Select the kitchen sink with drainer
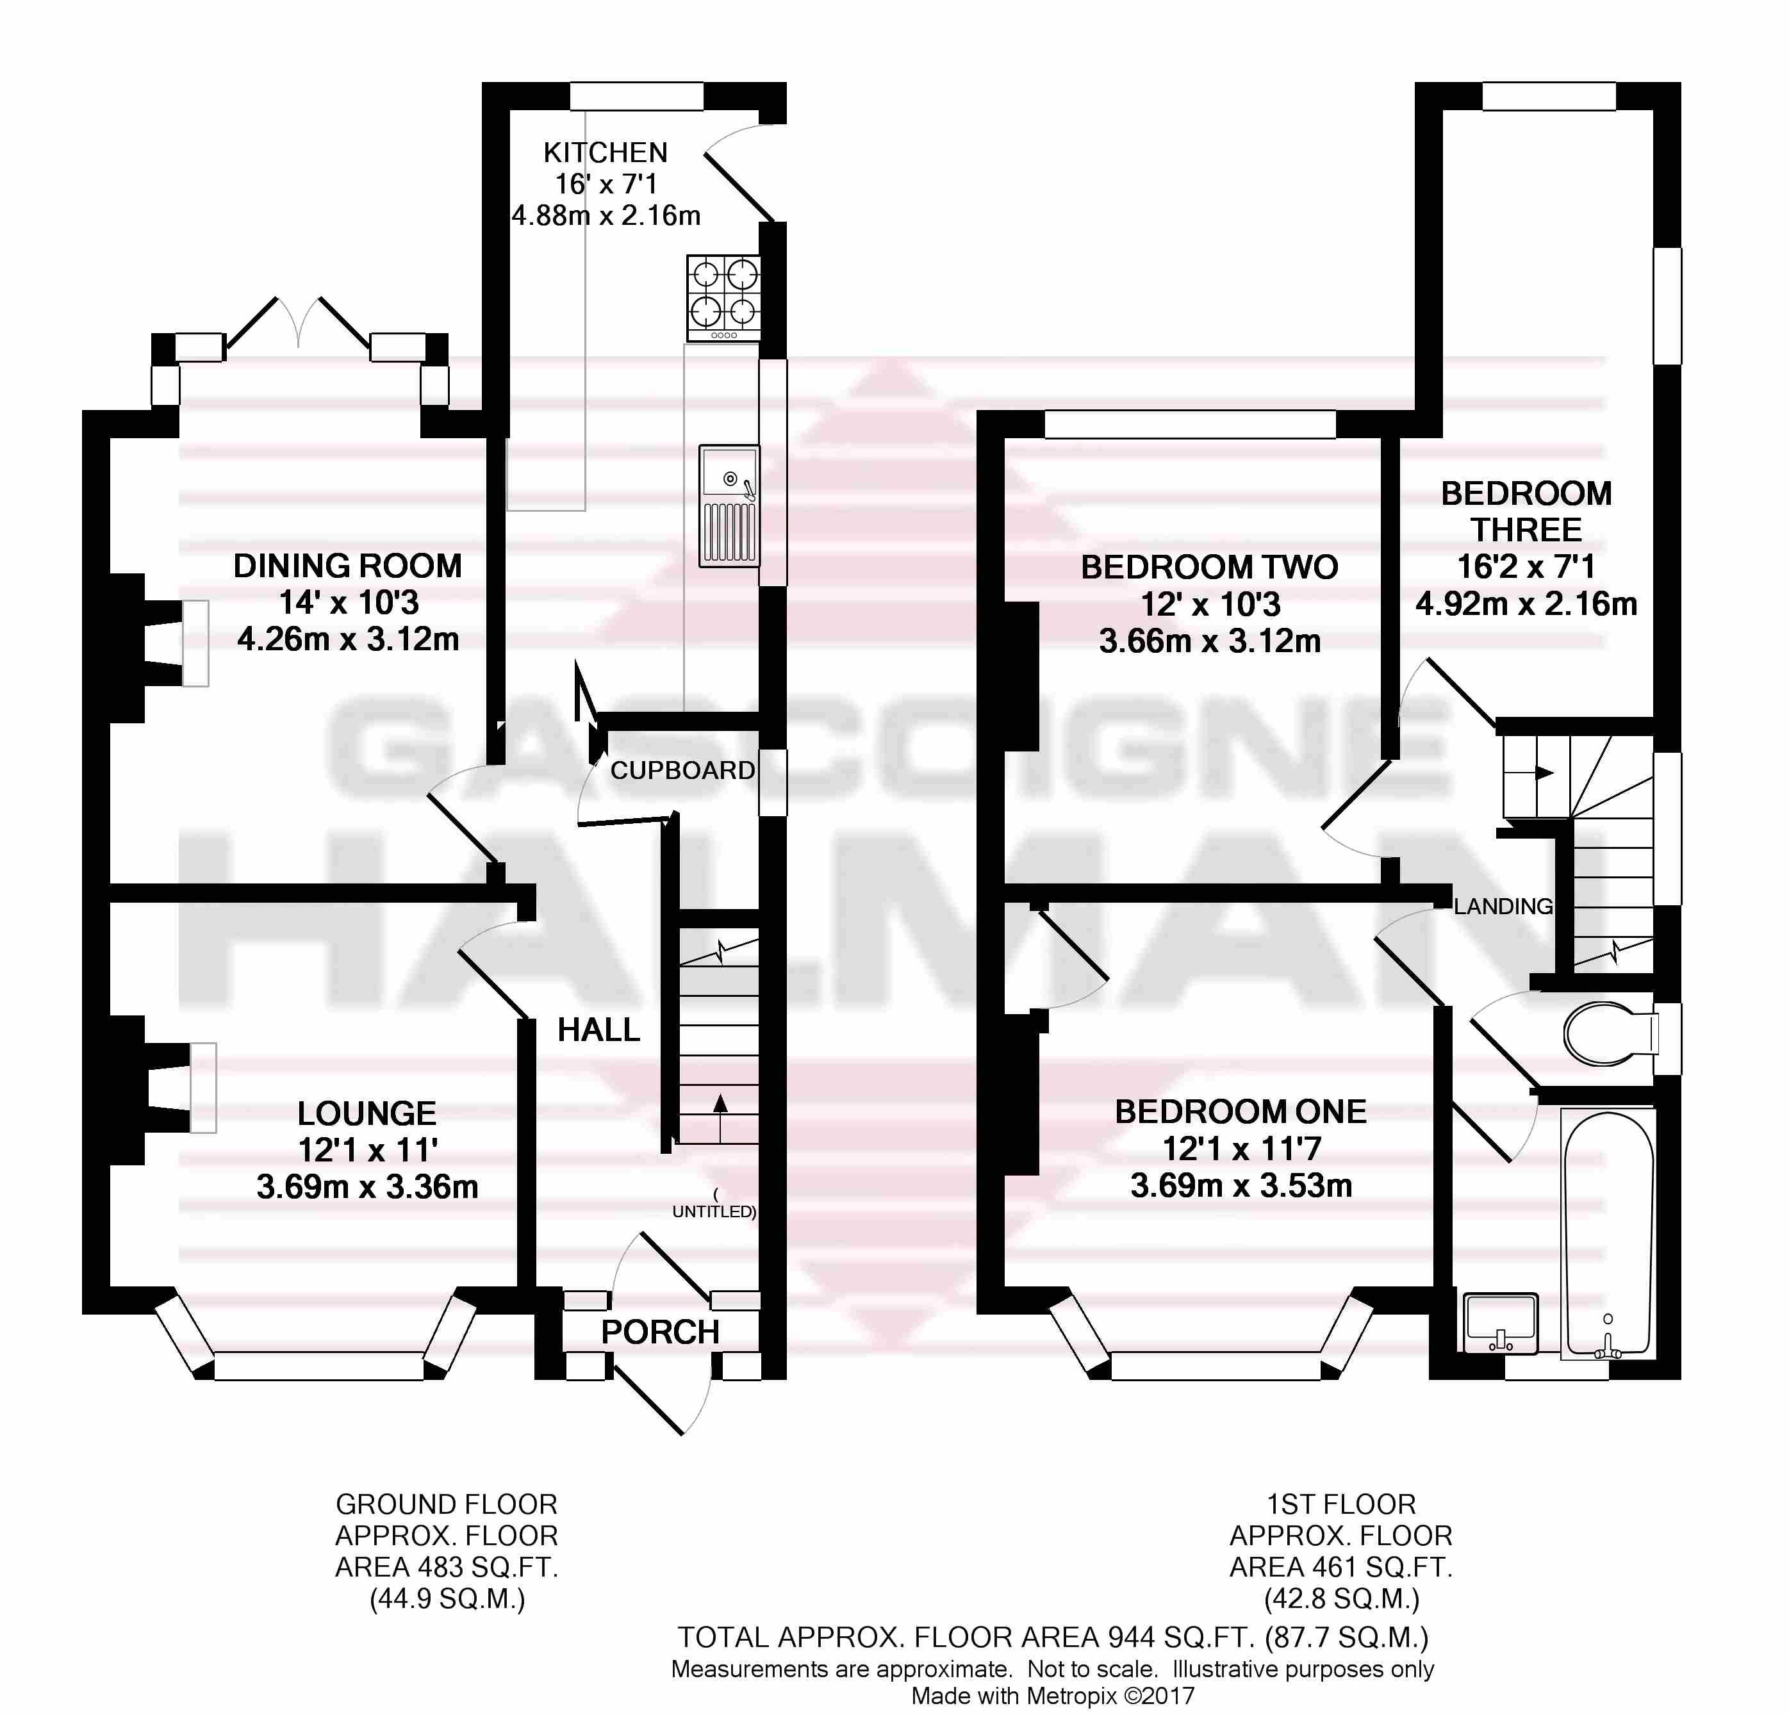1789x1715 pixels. pos(729,505)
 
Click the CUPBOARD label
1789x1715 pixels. pos(683,770)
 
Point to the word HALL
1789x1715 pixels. pos(598,1030)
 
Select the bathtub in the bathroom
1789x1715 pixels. pos(1608,1233)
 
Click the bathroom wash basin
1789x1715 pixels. pos(1501,1322)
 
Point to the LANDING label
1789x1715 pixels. pos(1503,907)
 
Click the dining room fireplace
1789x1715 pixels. pos(160,643)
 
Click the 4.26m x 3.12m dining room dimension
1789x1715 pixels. pos(348,639)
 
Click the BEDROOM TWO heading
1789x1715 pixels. pos(1209,567)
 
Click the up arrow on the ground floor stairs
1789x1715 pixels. pos(720,1117)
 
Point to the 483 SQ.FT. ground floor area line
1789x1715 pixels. pos(447,1567)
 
